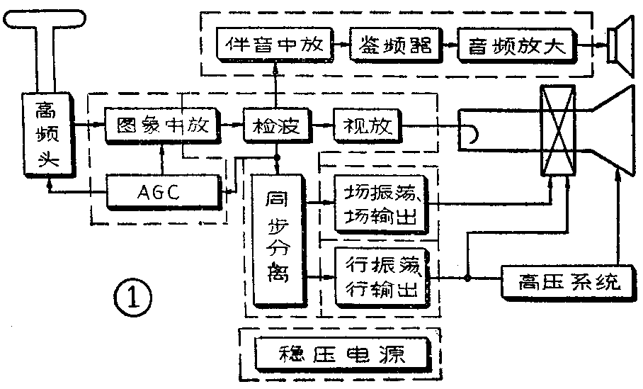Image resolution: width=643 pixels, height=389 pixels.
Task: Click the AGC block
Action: pyautogui.click(x=162, y=192)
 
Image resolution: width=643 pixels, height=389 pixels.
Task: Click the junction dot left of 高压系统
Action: pyautogui.click(x=467, y=278)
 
